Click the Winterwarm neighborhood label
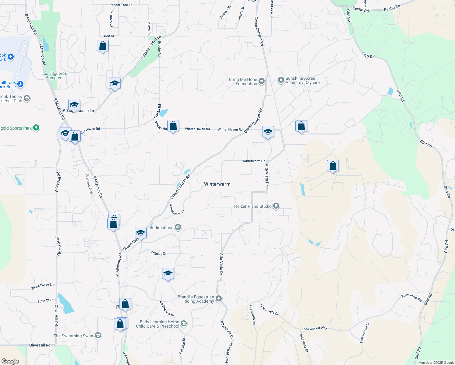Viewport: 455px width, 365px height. click(x=217, y=184)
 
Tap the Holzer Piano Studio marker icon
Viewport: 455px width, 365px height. click(x=276, y=206)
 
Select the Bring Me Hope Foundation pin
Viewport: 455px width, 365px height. click(x=262, y=81)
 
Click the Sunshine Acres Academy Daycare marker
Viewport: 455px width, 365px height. click(x=281, y=80)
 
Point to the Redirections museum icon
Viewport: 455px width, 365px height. click(x=178, y=228)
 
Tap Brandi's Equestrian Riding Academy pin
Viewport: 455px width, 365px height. click(x=219, y=299)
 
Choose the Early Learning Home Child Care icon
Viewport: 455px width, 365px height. click(x=184, y=323)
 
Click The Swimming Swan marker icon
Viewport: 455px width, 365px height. click(x=98, y=335)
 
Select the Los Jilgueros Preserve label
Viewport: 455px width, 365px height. click(x=54, y=75)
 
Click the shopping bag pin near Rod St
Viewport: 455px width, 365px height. click(x=102, y=46)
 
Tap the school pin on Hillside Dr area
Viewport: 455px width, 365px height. click(x=168, y=274)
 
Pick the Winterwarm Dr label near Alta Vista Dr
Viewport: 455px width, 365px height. click(x=253, y=161)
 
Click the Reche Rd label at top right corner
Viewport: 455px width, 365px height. click(x=392, y=8)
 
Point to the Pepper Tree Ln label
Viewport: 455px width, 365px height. click(x=121, y=5)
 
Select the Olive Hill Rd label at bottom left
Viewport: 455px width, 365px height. click(x=40, y=345)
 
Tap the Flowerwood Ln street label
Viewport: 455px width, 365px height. click(x=364, y=332)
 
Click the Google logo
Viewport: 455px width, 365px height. click(x=10, y=361)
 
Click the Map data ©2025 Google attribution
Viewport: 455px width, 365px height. click(x=436, y=363)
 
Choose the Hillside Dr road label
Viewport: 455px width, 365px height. click(x=159, y=253)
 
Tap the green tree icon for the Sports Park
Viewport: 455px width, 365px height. click(x=36, y=128)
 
